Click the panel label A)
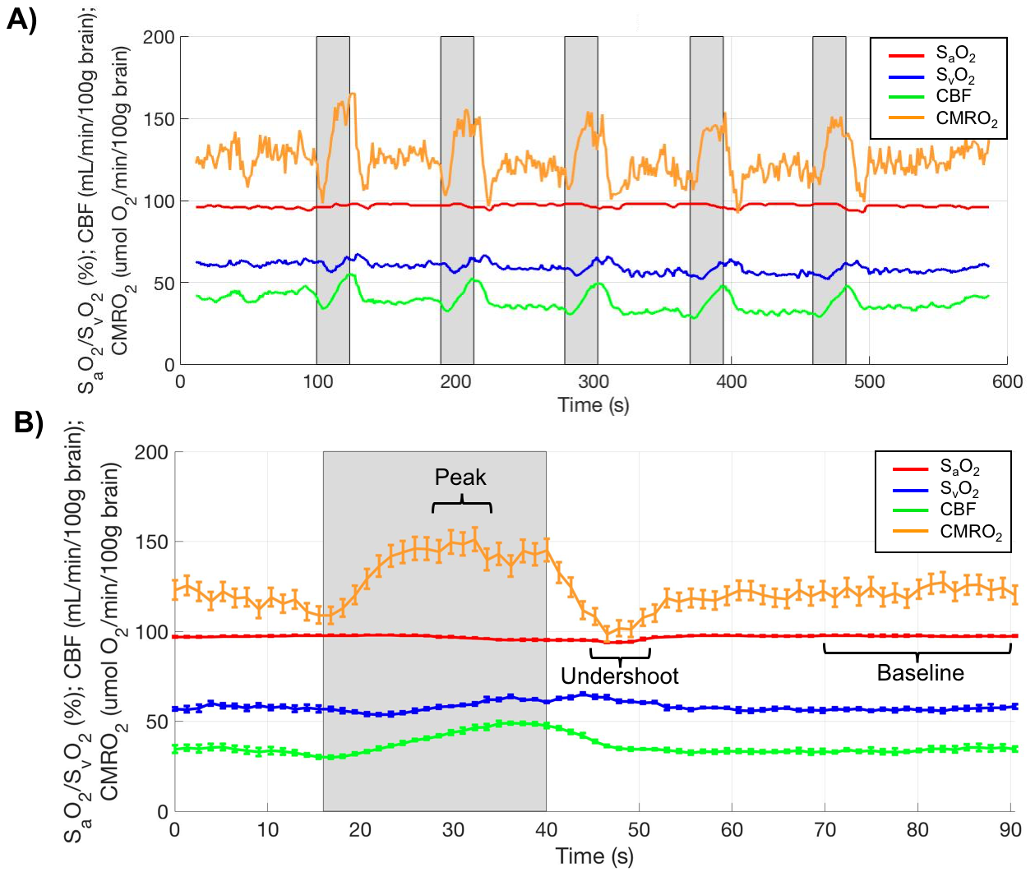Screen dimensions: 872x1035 pyautogui.click(x=21, y=19)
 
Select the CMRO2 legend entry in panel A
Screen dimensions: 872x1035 pyautogui.click(x=966, y=118)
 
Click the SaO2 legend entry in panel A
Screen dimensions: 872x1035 pyautogui.click(x=955, y=55)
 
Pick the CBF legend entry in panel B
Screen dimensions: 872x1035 pyautogui.click(x=957, y=510)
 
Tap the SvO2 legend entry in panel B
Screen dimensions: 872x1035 pyautogui.click(x=959, y=490)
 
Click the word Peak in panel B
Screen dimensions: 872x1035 pyautogui.click(x=460, y=478)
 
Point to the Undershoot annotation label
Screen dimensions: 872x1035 pyautogui.click(x=620, y=676)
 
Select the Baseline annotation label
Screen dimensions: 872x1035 pyautogui.click(x=920, y=673)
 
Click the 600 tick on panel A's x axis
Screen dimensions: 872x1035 pyautogui.click(x=1007, y=382)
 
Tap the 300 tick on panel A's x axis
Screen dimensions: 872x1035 pyautogui.click(x=594, y=382)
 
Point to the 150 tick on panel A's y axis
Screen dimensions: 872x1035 pyautogui.click(x=159, y=119)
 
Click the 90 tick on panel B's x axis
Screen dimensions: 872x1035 pyautogui.click(x=1010, y=830)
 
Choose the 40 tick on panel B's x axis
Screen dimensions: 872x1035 pyautogui.click(x=546, y=830)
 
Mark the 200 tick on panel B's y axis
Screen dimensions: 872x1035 pyautogui.click(x=151, y=452)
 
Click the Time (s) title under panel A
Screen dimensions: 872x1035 pyautogui.click(x=594, y=405)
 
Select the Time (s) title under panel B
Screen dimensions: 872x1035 pyautogui.click(x=594, y=856)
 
